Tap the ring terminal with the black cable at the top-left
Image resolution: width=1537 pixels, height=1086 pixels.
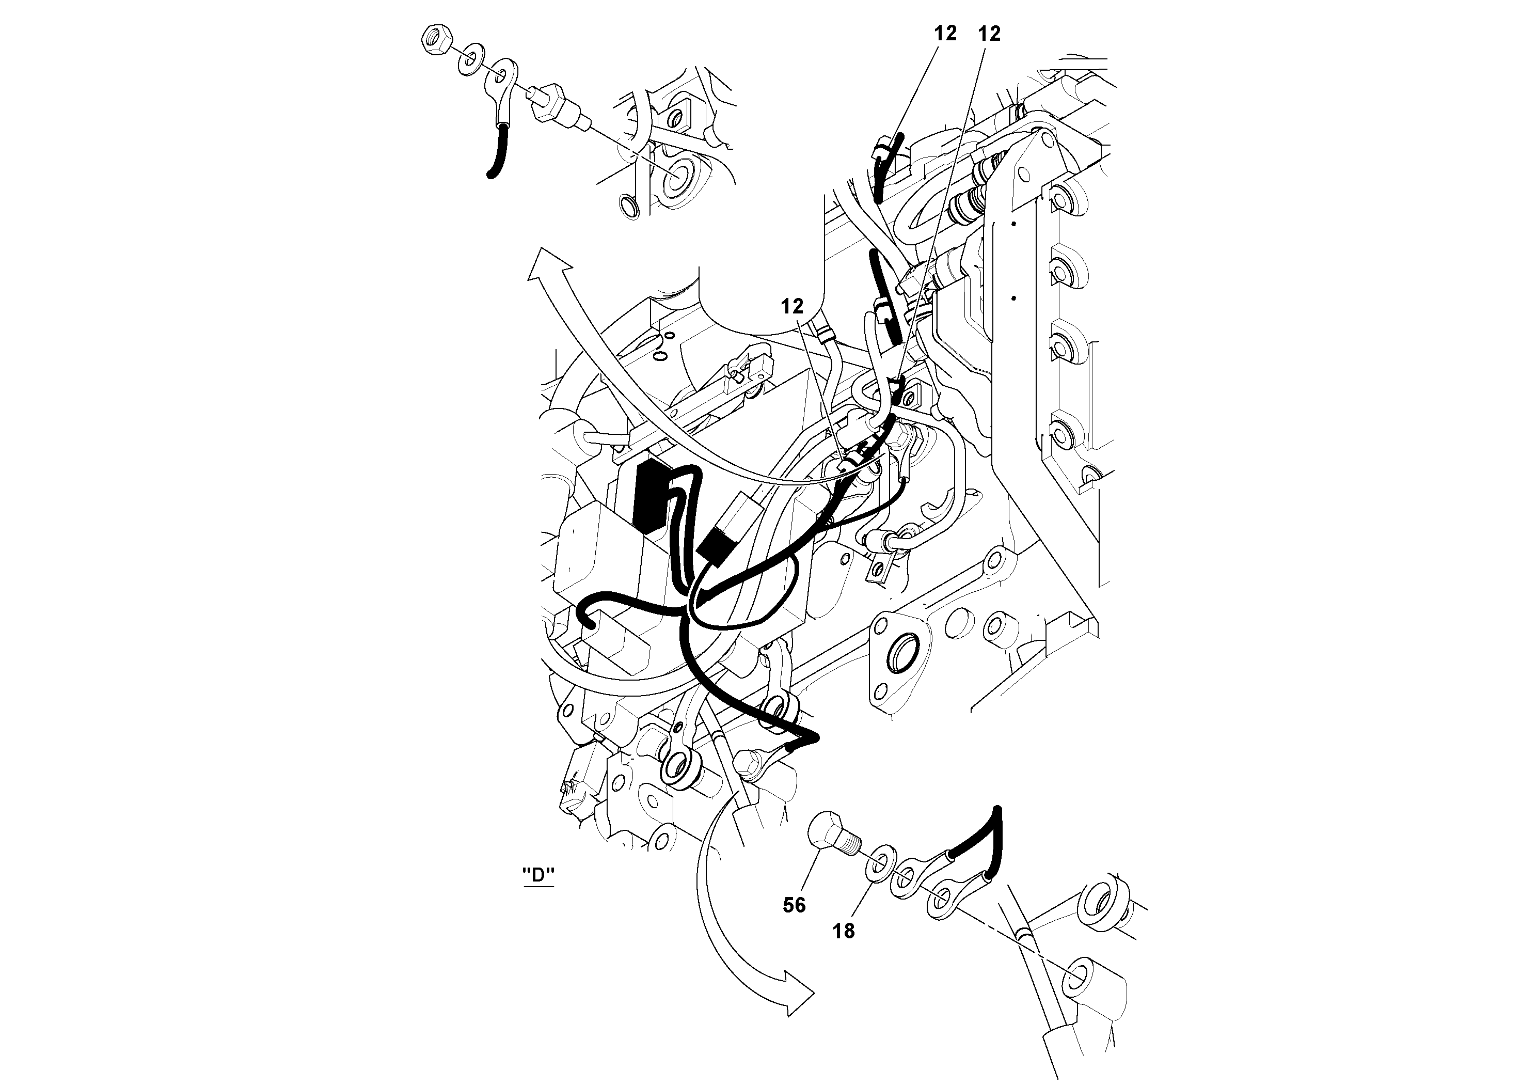502,87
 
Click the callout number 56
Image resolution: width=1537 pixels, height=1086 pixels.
794,905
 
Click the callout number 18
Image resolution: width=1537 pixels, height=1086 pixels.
844,931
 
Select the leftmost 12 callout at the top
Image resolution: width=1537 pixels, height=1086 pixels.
945,33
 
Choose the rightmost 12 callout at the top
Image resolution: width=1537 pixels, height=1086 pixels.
989,33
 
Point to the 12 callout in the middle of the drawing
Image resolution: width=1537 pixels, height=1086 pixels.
792,307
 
